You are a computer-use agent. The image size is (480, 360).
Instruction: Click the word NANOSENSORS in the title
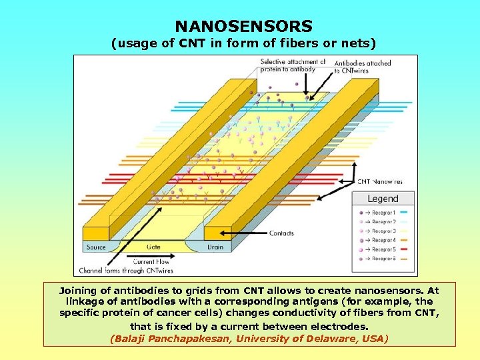coord(243,26)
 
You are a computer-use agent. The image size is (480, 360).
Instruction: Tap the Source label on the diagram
coord(96,247)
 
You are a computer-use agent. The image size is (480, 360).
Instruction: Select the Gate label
coord(153,247)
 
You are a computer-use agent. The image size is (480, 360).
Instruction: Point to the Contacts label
coord(281,233)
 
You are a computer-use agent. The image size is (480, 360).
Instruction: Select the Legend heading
coord(383,199)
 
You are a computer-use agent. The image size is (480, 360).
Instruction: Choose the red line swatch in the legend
coord(405,249)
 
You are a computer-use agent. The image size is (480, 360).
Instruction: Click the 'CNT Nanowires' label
coord(380,181)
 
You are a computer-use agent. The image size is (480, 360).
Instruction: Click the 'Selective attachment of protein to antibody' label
coord(293,66)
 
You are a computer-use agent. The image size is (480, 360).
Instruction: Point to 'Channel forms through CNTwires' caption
coord(126,271)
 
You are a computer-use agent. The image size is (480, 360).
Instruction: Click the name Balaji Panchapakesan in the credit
coord(169,339)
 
